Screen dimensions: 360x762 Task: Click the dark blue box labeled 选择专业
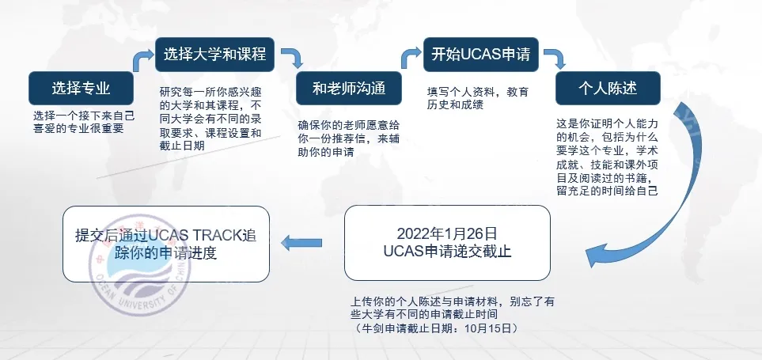80,88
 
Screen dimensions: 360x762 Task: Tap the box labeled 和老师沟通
348,88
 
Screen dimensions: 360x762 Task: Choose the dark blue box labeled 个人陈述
608,88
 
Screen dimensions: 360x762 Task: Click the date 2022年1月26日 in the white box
447,234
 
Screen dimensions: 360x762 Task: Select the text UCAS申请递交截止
447,252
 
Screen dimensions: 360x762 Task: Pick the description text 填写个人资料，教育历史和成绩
478,97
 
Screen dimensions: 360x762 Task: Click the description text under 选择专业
84,121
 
